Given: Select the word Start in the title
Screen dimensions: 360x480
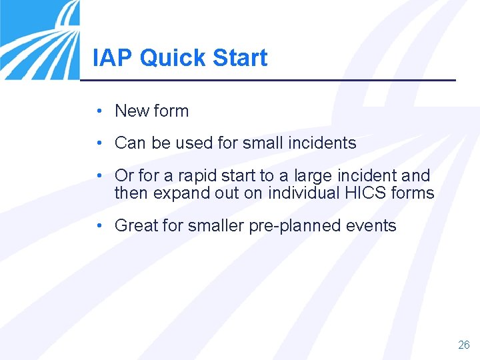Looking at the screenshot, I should coord(239,58).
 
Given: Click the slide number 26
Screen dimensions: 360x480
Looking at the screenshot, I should coord(464,345).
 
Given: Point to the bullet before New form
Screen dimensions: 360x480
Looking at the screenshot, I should coord(98,111).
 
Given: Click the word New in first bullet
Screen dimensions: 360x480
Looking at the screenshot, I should coord(131,111).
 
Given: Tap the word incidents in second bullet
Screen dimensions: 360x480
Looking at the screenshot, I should coord(323,143).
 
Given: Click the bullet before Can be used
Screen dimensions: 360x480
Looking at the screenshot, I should coord(98,143).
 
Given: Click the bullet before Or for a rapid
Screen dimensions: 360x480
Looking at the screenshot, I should coord(98,175).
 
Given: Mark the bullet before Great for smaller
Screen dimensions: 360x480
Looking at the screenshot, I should coord(98,226).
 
